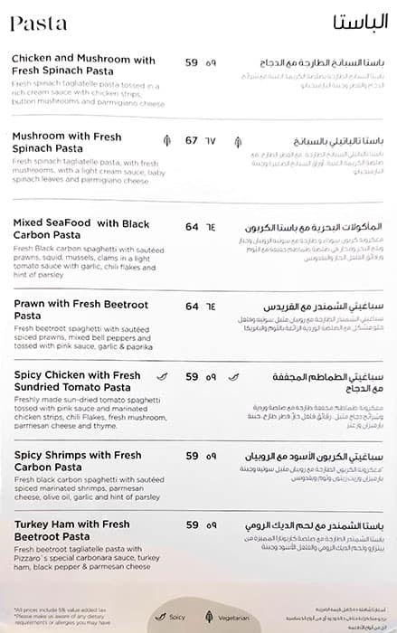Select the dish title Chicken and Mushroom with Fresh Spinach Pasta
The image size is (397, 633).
tap(83, 66)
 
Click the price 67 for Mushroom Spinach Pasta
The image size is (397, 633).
tap(192, 141)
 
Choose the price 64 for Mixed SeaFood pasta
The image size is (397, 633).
tap(192, 229)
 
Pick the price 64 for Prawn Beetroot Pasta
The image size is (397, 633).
tap(192, 307)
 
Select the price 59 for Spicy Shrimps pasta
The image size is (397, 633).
tap(192, 456)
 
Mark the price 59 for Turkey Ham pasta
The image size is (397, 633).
tap(192, 524)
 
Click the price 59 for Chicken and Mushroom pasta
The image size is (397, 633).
tap(192, 62)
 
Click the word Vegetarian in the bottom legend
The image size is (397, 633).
tap(241, 618)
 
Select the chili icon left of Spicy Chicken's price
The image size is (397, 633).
tap(163, 376)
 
